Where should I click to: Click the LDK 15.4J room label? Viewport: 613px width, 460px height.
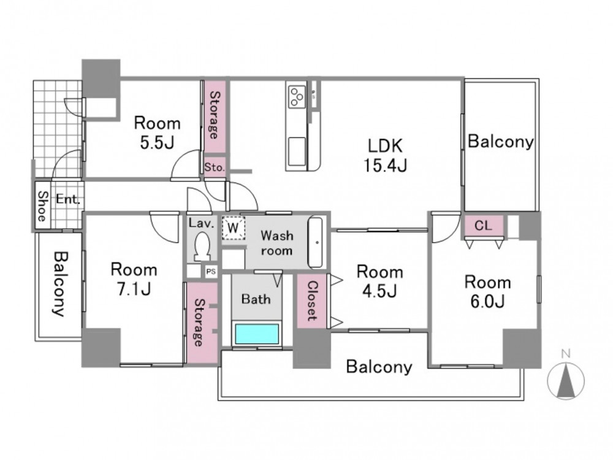386,156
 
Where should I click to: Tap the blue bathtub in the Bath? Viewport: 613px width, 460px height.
256,334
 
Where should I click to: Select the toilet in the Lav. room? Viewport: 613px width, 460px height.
202,247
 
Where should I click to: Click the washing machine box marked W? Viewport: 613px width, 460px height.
234,228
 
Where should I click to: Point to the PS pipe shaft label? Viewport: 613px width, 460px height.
211,272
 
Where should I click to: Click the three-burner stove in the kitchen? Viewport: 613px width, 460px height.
296,97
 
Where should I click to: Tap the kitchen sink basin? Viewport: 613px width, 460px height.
297,151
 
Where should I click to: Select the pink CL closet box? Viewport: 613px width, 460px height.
484,226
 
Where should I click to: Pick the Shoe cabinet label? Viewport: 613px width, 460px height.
42,205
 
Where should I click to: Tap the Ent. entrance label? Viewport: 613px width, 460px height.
67,199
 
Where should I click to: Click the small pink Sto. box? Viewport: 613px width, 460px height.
215,167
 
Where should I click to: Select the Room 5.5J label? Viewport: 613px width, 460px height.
157,133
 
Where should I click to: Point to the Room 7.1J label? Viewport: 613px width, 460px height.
134,279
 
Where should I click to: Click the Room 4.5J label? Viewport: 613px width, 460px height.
379,282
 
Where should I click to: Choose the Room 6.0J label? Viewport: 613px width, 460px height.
487,292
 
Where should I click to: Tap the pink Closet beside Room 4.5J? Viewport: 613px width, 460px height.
311,301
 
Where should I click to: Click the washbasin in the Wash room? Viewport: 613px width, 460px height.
316,242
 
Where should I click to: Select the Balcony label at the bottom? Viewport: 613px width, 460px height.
379,367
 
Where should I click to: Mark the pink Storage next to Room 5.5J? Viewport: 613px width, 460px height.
215,117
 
